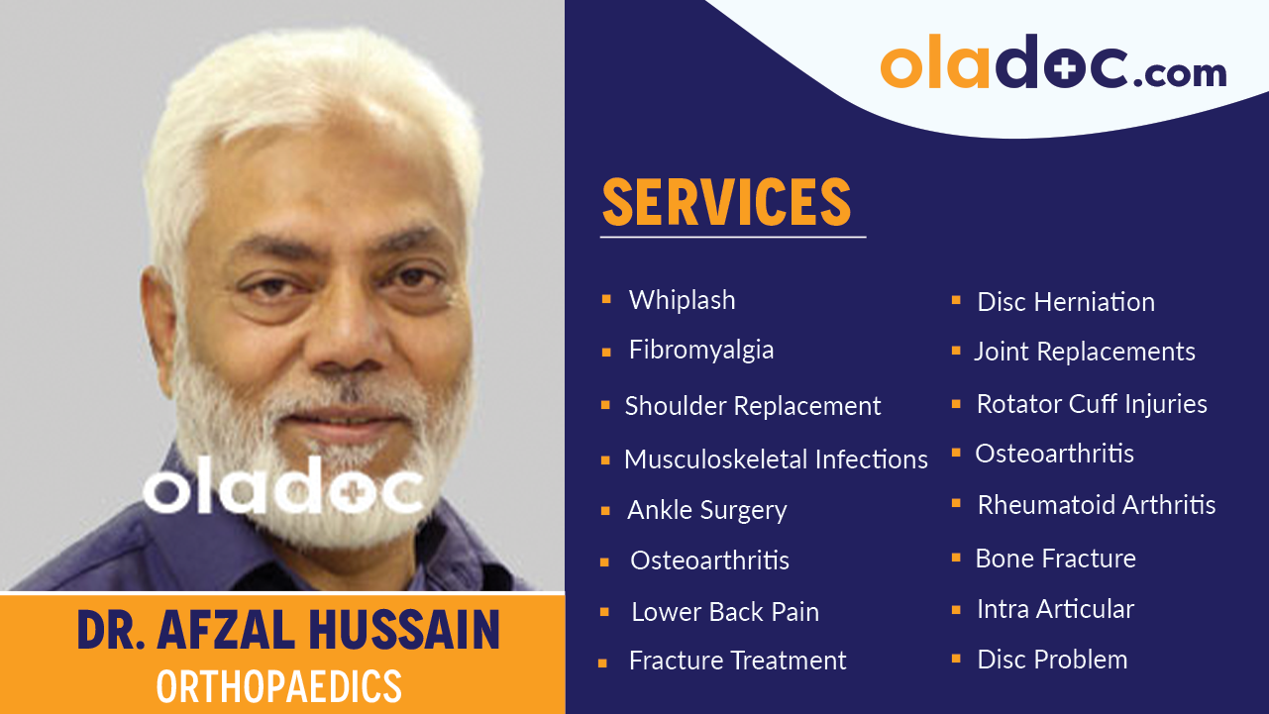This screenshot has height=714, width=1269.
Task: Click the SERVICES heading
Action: pyautogui.click(x=726, y=202)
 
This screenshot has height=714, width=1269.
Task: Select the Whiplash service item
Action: pyautogui.click(x=682, y=300)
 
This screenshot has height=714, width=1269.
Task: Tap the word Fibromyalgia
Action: pyautogui.click(x=701, y=350)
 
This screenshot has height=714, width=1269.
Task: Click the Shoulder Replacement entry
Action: pyautogui.click(x=752, y=406)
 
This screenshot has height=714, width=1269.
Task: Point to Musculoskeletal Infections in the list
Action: pyautogui.click(x=776, y=459)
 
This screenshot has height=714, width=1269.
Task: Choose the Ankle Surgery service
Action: pyautogui.click(x=706, y=510)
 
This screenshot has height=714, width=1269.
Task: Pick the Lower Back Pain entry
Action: pyautogui.click(x=725, y=612)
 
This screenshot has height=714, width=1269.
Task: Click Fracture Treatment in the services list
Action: pyautogui.click(x=737, y=661)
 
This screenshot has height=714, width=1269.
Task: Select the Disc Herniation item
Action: pyautogui.click(x=1066, y=302)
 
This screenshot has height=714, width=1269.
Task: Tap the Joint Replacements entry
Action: pyautogui.click(x=1084, y=352)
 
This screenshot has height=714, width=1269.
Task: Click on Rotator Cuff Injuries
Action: pyautogui.click(x=1092, y=404)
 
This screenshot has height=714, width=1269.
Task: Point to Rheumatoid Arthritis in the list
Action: pyautogui.click(x=1097, y=505)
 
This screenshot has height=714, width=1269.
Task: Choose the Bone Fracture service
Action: pyautogui.click(x=1055, y=559)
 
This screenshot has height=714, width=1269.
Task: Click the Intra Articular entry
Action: pyautogui.click(x=1055, y=609)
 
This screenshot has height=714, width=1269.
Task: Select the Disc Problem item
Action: pyautogui.click(x=1052, y=660)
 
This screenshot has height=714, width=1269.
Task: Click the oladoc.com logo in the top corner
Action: pyautogui.click(x=1053, y=65)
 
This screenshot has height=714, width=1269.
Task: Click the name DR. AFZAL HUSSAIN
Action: pyautogui.click(x=288, y=631)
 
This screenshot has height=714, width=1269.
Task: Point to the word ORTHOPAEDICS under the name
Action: pyautogui.click(x=279, y=686)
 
